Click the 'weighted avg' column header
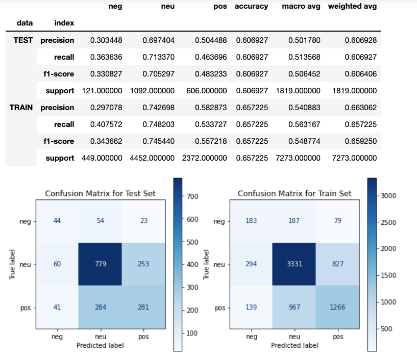[352, 7]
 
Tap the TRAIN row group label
[20, 107]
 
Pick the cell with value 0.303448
[106, 40]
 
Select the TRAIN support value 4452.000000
[152, 158]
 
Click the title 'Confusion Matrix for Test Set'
[100, 193]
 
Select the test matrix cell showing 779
[100, 265]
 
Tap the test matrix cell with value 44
[56, 221]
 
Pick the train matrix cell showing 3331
[295, 265]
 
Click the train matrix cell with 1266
[338, 308]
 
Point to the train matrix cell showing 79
[338, 221]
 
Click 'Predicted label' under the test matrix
[100, 345]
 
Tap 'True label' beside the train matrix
[207, 264]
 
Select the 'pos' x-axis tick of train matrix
[338, 337]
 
